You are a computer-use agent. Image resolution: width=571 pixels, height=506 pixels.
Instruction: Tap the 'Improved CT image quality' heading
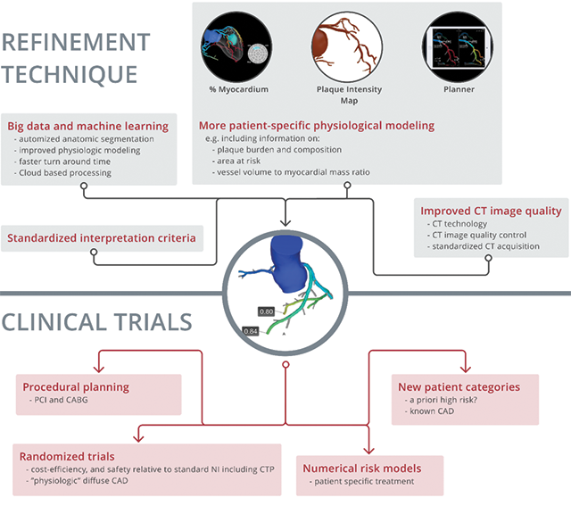pyautogui.click(x=491, y=211)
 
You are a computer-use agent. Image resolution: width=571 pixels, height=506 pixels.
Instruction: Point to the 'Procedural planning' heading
pyautogui.click(x=76, y=387)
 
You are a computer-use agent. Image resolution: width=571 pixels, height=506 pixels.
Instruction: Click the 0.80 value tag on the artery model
pyautogui.click(x=266, y=311)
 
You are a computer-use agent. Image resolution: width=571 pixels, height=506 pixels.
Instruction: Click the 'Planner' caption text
pyautogui.click(x=459, y=89)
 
